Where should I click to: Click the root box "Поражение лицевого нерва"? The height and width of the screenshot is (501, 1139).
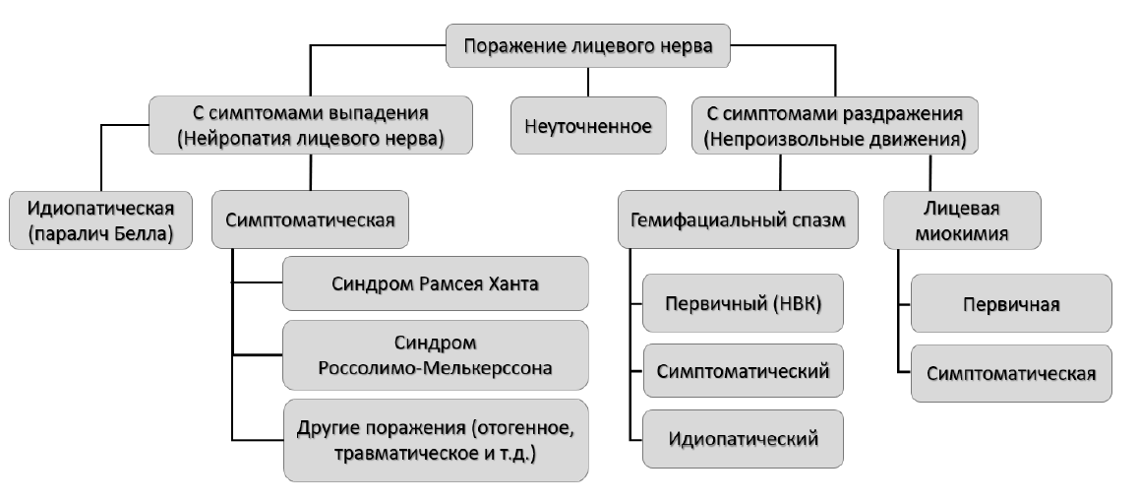point(587,46)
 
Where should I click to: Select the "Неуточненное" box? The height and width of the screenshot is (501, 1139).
point(588,126)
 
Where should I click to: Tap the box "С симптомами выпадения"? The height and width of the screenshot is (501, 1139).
point(310,125)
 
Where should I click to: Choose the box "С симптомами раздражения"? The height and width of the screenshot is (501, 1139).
point(835,126)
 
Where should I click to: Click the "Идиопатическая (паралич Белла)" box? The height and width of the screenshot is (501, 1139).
point(101,220)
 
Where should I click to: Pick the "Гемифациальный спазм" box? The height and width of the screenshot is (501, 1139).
point(738,219)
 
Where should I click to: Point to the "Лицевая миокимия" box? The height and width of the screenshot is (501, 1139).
point(962,220)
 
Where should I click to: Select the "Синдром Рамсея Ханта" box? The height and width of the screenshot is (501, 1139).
point(435,282)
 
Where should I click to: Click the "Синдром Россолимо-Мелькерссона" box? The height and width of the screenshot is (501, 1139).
point(435,355)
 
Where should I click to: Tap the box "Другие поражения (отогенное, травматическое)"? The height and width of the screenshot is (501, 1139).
point(436,440)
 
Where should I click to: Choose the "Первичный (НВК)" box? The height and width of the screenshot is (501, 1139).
point(744,303)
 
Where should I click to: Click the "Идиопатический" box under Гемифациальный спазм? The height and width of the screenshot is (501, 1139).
point(744,438)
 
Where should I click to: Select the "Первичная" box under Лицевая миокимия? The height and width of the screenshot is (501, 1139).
point(1011,303)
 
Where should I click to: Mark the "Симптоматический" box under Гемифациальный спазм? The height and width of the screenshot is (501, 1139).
point(744,371)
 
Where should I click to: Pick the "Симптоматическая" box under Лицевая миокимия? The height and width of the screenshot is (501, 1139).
point(1011,374)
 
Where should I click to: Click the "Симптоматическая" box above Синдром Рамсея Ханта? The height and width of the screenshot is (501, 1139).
point(310,219)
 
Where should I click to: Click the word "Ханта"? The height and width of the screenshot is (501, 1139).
point(515,282)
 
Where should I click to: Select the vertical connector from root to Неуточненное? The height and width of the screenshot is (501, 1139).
point(588,82)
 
